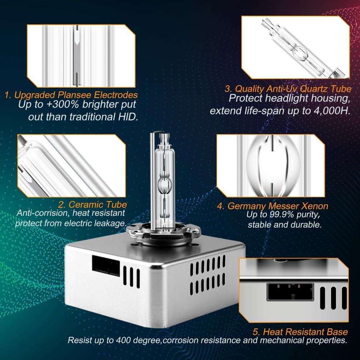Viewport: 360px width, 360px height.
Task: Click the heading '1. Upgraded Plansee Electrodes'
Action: (71, 95)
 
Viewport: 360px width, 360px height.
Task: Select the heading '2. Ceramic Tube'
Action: (92, 205)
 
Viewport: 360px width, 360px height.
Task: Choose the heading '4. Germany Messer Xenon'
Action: (273, 206)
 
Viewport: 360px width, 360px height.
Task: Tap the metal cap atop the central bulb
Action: (164, 138)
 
